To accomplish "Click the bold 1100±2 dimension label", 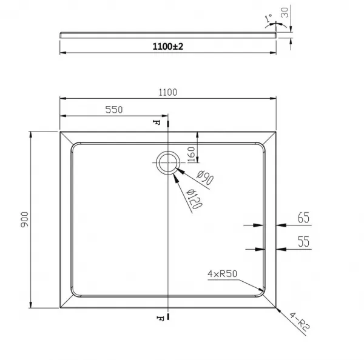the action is (x=168, y=47).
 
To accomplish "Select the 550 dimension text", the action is (x=114, y=110).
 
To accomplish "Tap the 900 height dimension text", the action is (x=25, y=219).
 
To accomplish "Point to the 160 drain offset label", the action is (x=191, y=155).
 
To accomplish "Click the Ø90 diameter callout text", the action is (x=205, y=178).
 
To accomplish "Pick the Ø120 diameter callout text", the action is (x=195, y=199).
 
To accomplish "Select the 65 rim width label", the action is (x=304, y=218).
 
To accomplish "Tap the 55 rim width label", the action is (x=304, y=241).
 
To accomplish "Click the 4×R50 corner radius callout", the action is (x=222, y=274).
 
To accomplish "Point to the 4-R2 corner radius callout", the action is (x=300, y=321).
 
